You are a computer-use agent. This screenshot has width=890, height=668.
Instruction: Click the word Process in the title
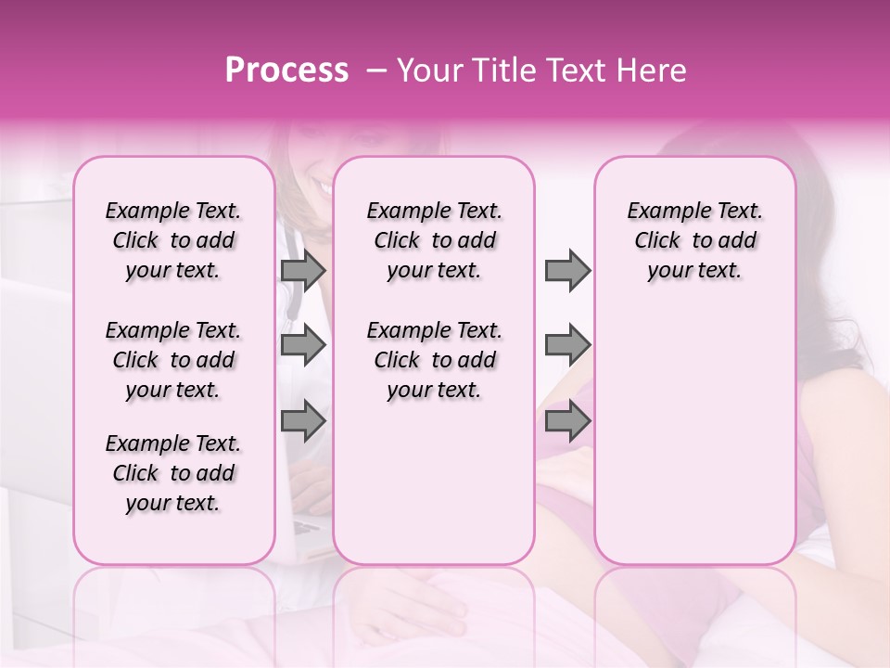(x=286, y=71)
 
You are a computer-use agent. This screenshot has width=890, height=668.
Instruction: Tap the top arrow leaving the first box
(x=303, y=270)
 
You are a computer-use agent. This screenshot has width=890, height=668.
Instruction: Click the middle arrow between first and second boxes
(x=303, y=345)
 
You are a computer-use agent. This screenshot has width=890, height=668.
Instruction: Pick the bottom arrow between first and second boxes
(x=303, y=420)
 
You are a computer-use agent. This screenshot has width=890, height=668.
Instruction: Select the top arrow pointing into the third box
(x=567, y=270)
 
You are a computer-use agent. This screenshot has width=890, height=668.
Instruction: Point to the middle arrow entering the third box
(x=567, y=345)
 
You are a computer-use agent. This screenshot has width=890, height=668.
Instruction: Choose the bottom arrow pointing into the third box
(x=567, y=420)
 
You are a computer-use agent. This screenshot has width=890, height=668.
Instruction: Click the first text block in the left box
(x=173, y=240)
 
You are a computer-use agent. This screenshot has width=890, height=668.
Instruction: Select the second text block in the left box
(x=173, y=360)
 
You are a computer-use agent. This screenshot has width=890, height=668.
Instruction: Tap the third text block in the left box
(x=173, y=473)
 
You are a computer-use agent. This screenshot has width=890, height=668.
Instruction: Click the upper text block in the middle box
(x=434, y=240)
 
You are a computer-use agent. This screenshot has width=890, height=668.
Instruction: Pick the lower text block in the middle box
(x=434, y=360)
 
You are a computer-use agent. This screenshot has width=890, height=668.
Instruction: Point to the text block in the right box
(x=694, y=240)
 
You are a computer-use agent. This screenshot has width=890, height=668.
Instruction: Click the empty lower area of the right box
(x=694, y=436)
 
